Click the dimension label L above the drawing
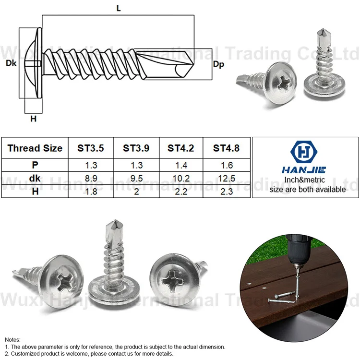click(118, 8)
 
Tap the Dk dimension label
click(11, 63)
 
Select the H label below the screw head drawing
click(33, 119)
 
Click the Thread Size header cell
click(35, 148)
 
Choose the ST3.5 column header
click(91, 148)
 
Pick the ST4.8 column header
click(227, 148)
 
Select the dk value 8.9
click(91, 178)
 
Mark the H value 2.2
click(181, 191)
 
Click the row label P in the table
click(35, 165)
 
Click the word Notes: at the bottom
click(13, 339)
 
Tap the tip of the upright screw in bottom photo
click(112, 224)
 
